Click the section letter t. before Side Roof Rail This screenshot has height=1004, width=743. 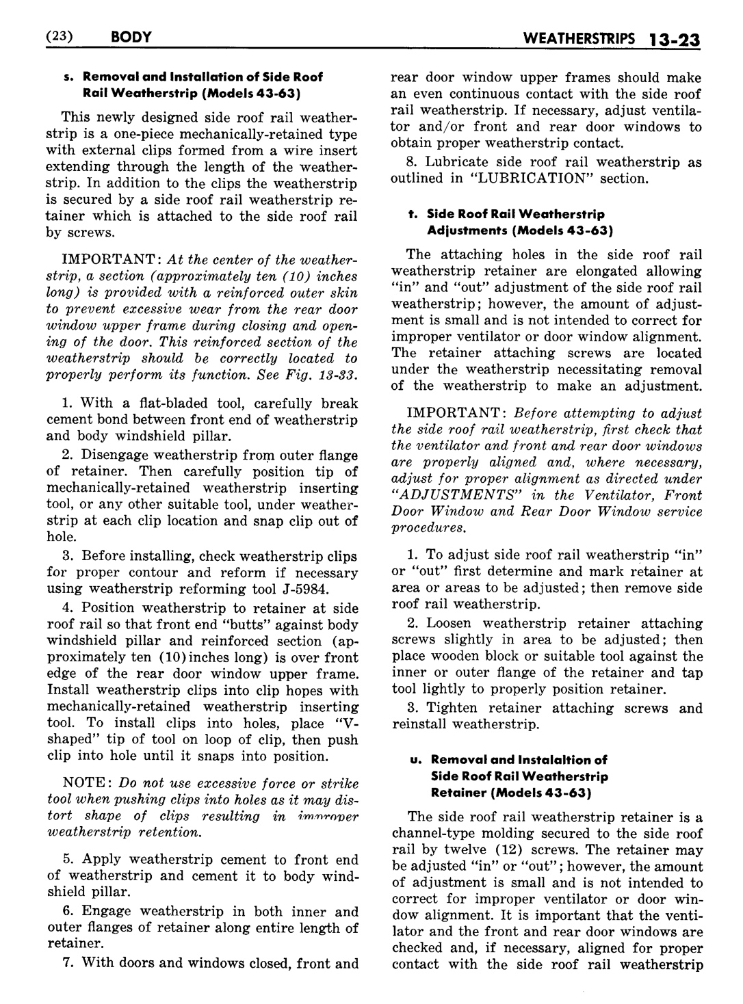(x=412, y=214)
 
